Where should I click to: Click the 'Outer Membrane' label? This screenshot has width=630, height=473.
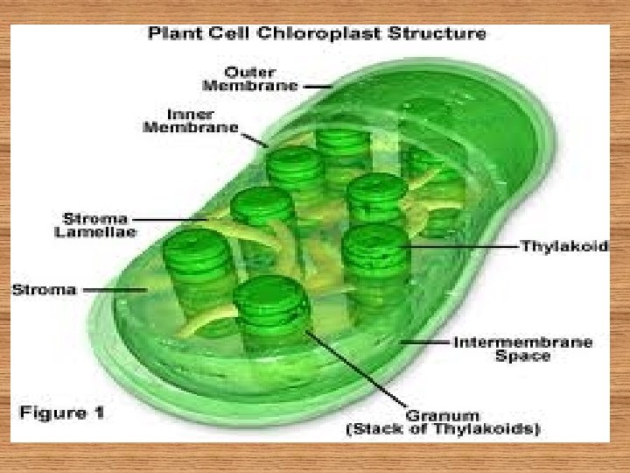[x=250, y=79]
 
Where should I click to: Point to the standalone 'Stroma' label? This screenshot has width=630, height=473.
[x=44, y=289]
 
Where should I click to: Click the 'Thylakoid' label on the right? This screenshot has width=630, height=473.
[x=563, y=247]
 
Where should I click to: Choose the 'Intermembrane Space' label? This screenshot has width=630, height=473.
[x=522, y=348]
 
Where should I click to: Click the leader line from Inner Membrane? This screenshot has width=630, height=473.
[x=255, y=138]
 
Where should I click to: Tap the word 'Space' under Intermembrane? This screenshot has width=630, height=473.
[x=522, y=356]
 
